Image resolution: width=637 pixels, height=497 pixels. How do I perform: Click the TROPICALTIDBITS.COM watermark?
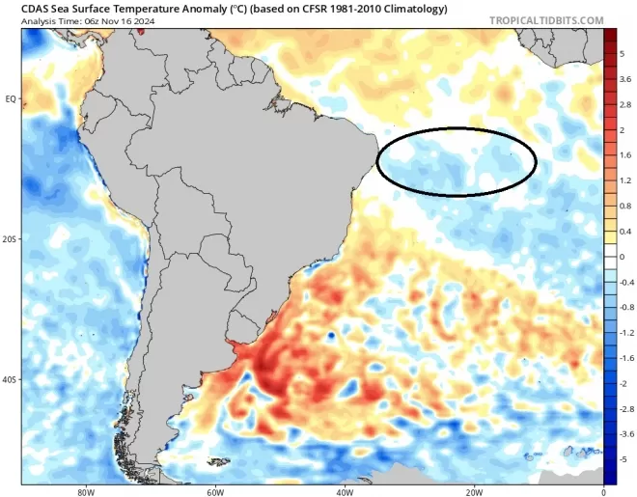pyautogui.click(x=546, y=19)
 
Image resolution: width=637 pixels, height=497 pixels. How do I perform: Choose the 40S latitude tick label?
pyautogui.click(x=11, y=380)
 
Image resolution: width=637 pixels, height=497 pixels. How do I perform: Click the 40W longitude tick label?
pyautogui.click(x=344, y=490)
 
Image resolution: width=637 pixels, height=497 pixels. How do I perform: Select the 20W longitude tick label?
pyautogui.click(x=473, y=490)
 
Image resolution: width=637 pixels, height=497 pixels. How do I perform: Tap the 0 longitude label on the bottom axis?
pyautogui.click(x=602, y=490)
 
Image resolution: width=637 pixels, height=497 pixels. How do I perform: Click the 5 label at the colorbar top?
pyautogui.click(x=623, y=53)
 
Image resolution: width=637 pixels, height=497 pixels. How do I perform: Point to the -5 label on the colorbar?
pyautogui.click(x=624, y=459)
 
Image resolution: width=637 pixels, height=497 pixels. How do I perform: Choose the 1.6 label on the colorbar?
pyautogui.click(x=625, y=154)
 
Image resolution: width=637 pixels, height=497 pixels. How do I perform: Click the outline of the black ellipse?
pyautogui.click(x=456, y=128)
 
